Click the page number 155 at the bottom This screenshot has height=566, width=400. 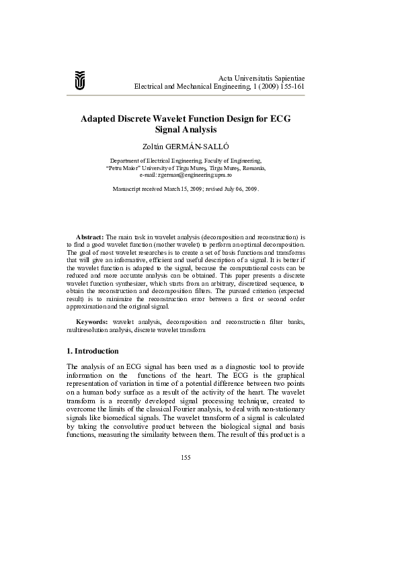click(186, 458)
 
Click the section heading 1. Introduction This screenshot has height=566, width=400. click(93, 351)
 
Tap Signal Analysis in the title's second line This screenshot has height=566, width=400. click(186, 129)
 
